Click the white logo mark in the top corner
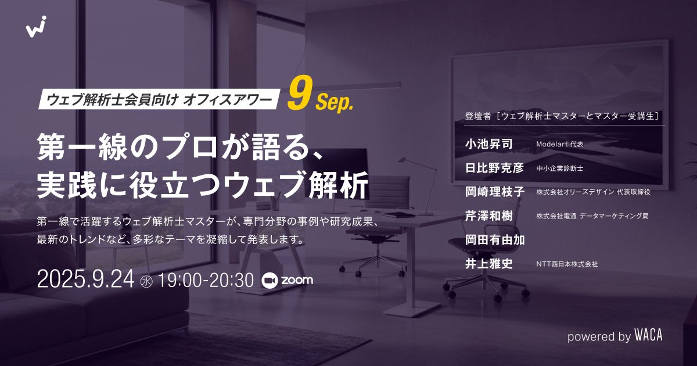pyautogui.click(x=36, y=27)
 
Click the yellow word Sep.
pyautogui.click(x=334, y=101)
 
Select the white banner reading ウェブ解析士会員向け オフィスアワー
pyautogui.click(x=159, y=99)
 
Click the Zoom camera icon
pyautogui.click(x=269, y=281)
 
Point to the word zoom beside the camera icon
pyautogui.click(x=297, y=280)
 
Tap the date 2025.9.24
pyautogui.click(x=85, y=279)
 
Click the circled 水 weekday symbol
pyautogui.click(x=146, y=281)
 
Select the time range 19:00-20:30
pyautogui.click(x=206, y=279)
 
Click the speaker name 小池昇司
pyautogui.click(x=488, y=144)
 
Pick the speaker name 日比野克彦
pyautogui.click(x=494, y=168)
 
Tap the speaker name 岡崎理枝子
pyautogui.click(x=495, y=192)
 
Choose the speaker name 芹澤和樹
pyautogui.click(x=488, y=216)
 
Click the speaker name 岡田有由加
pyautogui.click(x=495, y=239)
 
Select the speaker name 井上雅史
pyautogui.click(x=488, y=264)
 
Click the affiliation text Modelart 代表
pyautogui.click(x=559, y=145)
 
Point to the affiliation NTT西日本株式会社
pyautogui.click(x=567, y=264)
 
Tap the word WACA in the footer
pyautogui.click(x=648, y=336)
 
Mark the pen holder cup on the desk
pyautogui.click(x=275, y=204)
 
